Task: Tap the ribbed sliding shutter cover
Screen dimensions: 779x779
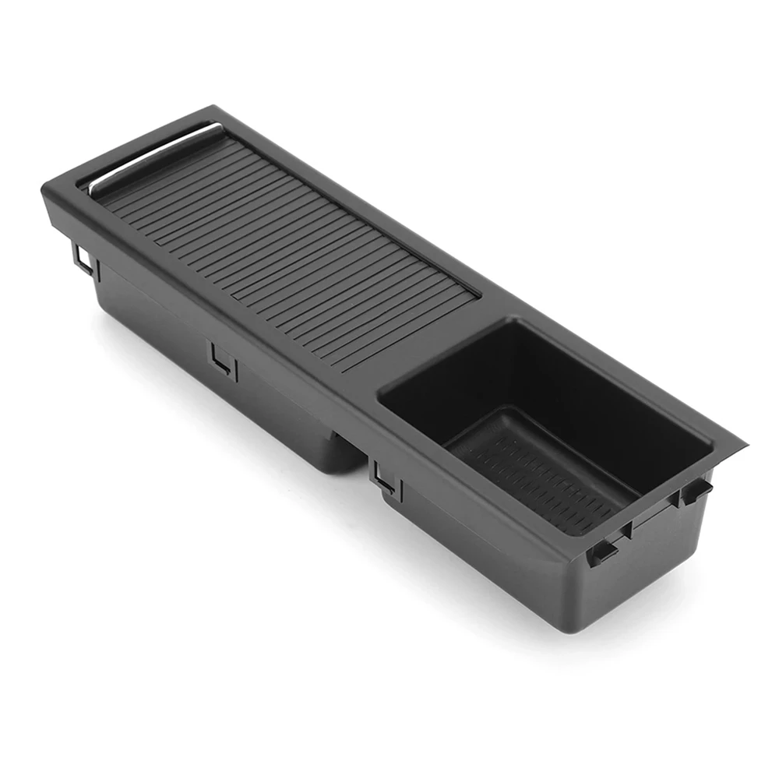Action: pyautogui.click(x=288, y=234)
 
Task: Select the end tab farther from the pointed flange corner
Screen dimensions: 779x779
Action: pyautogui.click(x=602, y=552)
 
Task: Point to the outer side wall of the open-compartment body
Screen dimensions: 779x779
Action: pyautogui.click(x=467, y=538)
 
